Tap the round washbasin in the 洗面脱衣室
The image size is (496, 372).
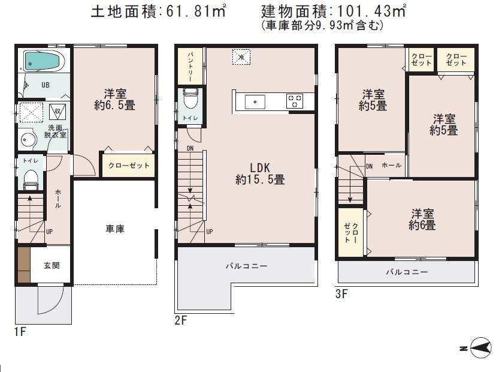[x=28, y=139]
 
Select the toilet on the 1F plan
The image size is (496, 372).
[x=30, y=177]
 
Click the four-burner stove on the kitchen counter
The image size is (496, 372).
[x=295, y=101]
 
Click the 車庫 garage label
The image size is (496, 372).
[x=115, y=229]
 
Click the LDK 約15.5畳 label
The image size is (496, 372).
[x=259, y=173]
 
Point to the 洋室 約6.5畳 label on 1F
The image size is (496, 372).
[x=114, y=99]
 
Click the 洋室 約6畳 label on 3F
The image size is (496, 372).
[x=422, y=219]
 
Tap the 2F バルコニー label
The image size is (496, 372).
[x=246, y=266]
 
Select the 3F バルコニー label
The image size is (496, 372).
[x=407, y=272]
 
